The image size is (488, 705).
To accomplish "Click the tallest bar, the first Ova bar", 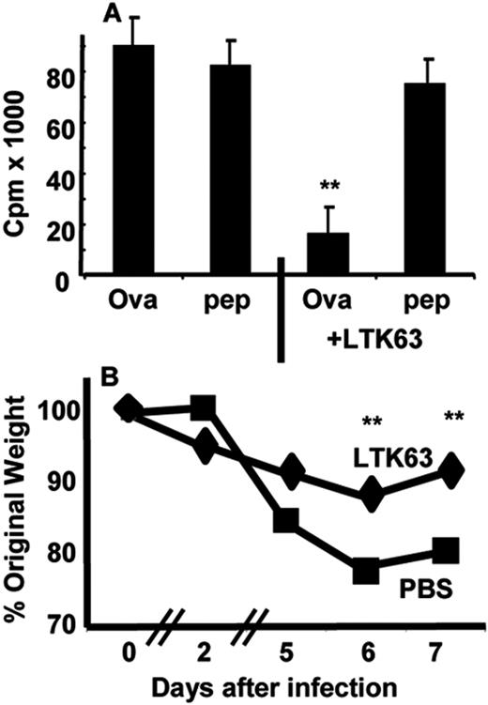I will coord(132,160).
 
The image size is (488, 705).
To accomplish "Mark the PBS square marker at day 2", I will coord(204,407).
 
